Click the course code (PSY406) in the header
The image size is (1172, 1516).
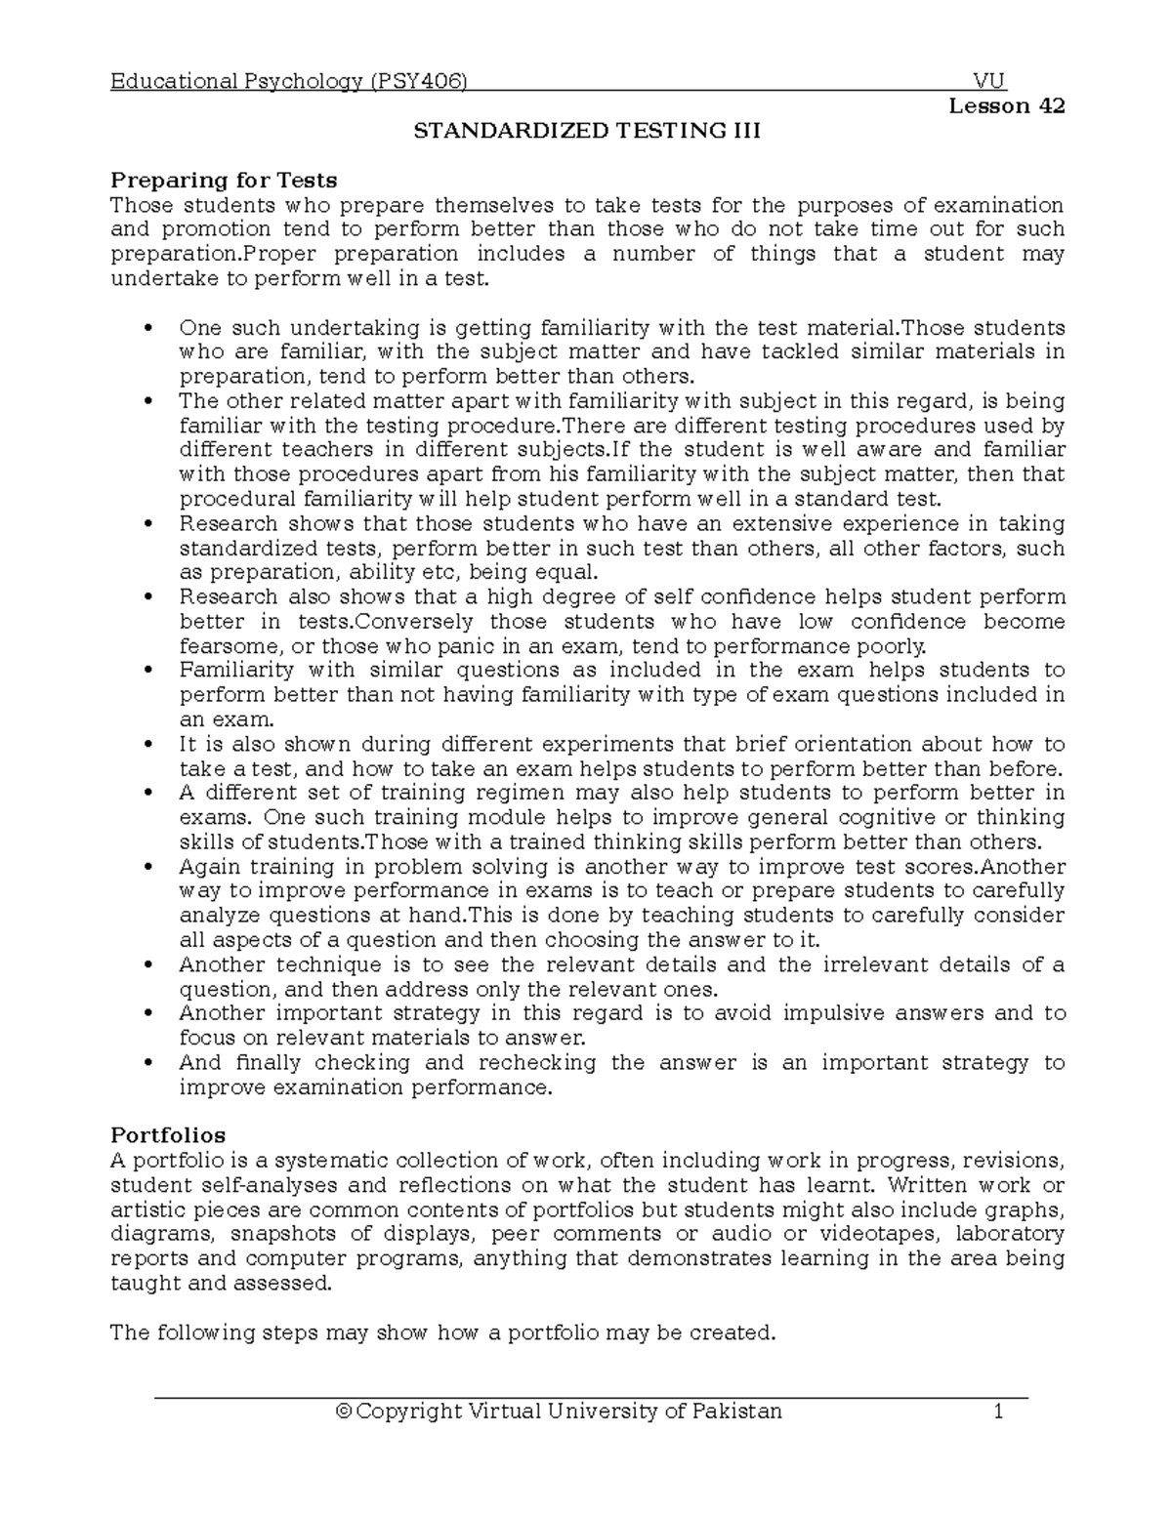[418, 81]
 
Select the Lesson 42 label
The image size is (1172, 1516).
[1006, 105]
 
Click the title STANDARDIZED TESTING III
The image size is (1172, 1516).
[587, 131]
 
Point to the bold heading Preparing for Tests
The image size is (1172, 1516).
[224, 180]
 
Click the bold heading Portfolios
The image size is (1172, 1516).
[168, 1135]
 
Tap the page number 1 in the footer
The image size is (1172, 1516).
[998, 1411]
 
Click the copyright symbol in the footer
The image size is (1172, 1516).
[342, 1411]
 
